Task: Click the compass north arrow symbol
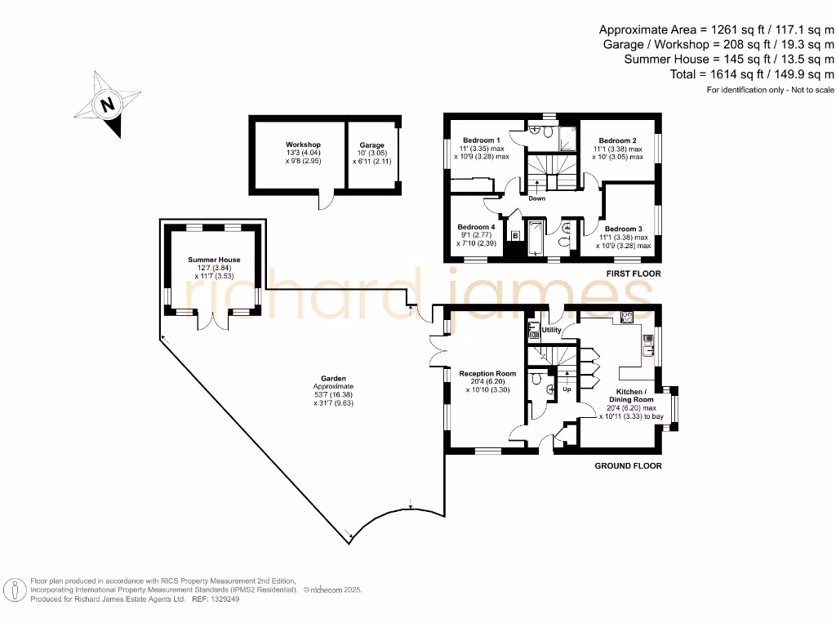106,104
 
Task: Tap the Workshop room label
303,145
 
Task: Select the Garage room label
371,145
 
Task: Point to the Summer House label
214,260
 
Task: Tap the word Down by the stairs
536,198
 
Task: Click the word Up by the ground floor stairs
566,389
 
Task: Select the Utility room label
551,330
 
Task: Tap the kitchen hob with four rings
629,317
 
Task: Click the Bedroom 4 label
476,226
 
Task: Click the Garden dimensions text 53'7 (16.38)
333,394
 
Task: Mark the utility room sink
533,329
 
